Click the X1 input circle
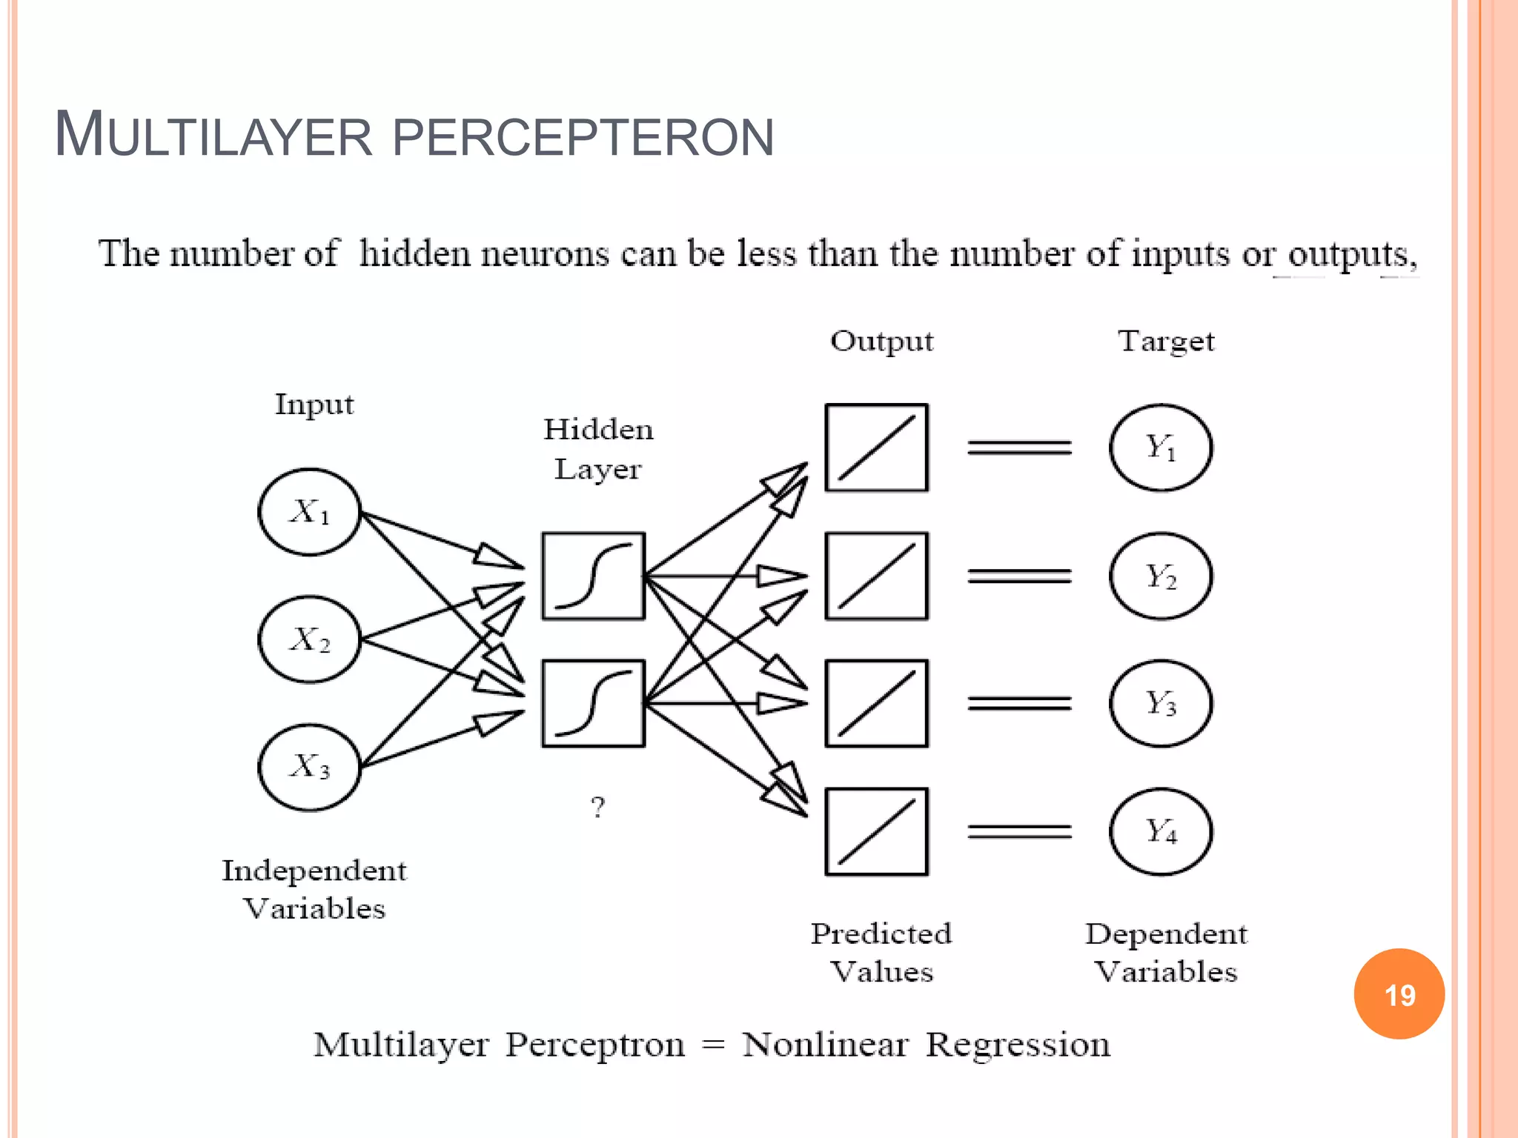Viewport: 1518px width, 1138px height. pyautogui.click(x=310, y=512)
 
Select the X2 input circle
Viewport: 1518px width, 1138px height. pyautogui.click(x=310, y=639)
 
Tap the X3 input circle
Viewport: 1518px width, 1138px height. pyautogui.click(x=310, y=767)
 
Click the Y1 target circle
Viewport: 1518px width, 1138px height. pyautogui.click(x=1161, y=447)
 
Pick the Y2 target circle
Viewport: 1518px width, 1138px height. pyautogui.click(x=1161, y=576)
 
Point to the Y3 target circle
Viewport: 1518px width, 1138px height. pyautogui.click(x=1161, y=703)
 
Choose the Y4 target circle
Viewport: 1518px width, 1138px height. pyautogui.click(x=1161, y=831)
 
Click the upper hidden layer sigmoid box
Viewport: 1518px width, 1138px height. pyautogui.click(x=593, y=576)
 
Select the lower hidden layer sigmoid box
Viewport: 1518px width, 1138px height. pyautogui.click(x=593, y=703)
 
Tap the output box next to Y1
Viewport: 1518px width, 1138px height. pyautogui.click(x=877, y=447)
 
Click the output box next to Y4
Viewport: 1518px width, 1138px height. pyautogui.click(x=877, y=831)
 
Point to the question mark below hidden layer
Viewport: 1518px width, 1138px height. pyautogui.click(x=597, y=807)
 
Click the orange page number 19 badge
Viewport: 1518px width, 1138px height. pyautogui.click(x=1399, y=994)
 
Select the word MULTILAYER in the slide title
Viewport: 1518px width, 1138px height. pyautogui.click(x=213, y=136)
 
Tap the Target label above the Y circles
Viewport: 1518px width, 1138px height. pyautogui.click(x=1166, y=342)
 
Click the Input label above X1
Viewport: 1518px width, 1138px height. pyautogui.click(x=314, y=405)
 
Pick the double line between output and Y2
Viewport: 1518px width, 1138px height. pyautogui.click(x=1019, y=576)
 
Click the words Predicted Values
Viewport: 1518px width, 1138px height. pyautogui.click(x=881, y=953)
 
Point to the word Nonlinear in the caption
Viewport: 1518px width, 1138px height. pyautogui.click(x=825, y=1045)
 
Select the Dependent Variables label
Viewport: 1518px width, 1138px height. pyautogui.click(x=1166, y=953)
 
